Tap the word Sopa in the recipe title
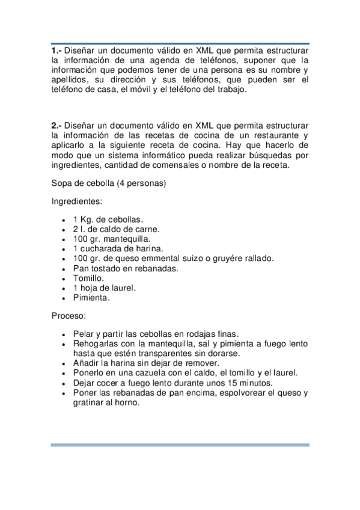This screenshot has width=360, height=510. pyautogui.click(x=61, y=182)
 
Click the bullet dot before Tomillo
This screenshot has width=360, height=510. pyautogui.click(x=64, y=278)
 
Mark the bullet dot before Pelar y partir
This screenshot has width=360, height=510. pyautogui.click(x=64, y=334)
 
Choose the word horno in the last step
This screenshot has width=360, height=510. pyautogui.click(x=126, y=402)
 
